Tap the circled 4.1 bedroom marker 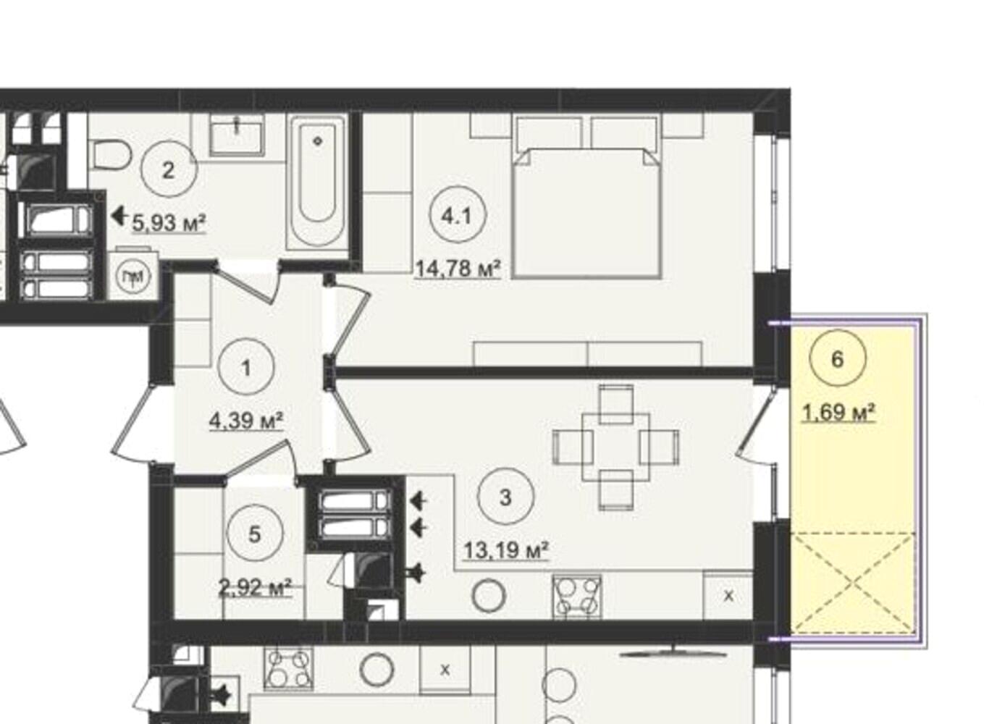tap(458, 216)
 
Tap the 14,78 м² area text tap(458, 269)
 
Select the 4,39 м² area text tap(246, 421)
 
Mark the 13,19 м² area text tap(506, 550)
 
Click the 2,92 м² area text tap(255, 587)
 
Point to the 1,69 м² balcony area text tap(838, 413)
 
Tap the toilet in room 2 tap(113, 156)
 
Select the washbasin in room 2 tap(237, 135)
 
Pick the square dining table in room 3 tap(616, 447)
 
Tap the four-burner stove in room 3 tap(577, 597)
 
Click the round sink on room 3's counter tap(489, 596)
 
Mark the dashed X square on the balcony tap(853, 584)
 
